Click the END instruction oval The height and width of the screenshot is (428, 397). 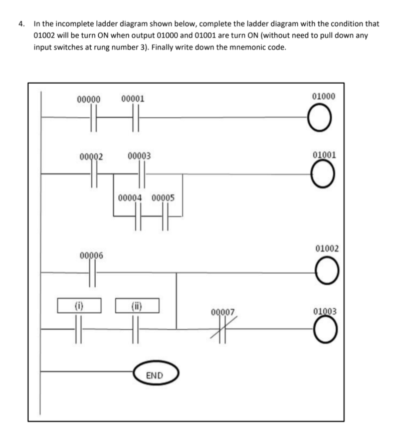155,374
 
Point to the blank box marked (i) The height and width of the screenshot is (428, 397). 79,305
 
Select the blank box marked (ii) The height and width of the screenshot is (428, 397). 137,305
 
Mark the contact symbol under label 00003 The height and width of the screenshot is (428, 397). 142,175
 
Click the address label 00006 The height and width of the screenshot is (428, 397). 92,256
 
